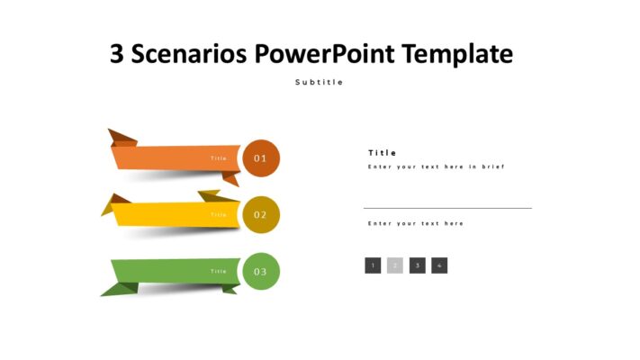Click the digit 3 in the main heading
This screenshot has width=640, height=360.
point(118,54)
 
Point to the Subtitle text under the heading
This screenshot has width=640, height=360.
point(319,82)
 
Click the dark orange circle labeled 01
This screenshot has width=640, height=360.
point(261,158)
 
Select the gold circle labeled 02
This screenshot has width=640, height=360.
point(261,214)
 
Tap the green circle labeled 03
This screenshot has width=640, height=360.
point(261,271)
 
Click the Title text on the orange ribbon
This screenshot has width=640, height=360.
point(219,158)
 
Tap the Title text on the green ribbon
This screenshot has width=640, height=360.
point(219,271)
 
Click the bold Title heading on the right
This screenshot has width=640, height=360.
point(382,153)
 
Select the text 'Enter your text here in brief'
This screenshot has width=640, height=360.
point(437,166)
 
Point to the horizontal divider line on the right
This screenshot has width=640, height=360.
point(447,208)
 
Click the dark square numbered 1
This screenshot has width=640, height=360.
point(373,265)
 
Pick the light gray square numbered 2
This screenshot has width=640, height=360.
point(395,265)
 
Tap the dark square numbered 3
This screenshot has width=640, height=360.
point(418,265)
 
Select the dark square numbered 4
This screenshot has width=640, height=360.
point(439,265)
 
